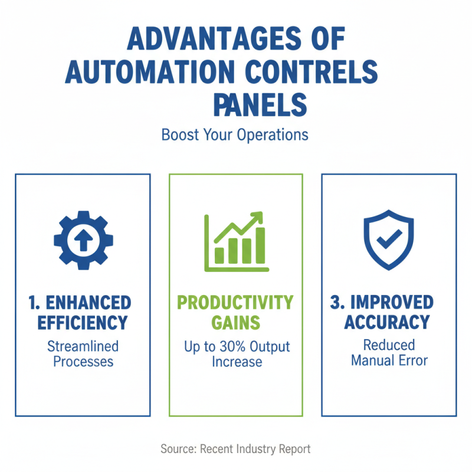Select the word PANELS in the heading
point(260,105)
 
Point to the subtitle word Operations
point(273,135)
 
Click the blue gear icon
point(83,240)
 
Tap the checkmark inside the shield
point(389,239)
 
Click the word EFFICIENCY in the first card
point(83,323)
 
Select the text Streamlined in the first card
point(83,345)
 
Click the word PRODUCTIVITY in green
point(235,303)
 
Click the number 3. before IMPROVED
point(337,303)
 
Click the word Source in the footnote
point(178,449)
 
